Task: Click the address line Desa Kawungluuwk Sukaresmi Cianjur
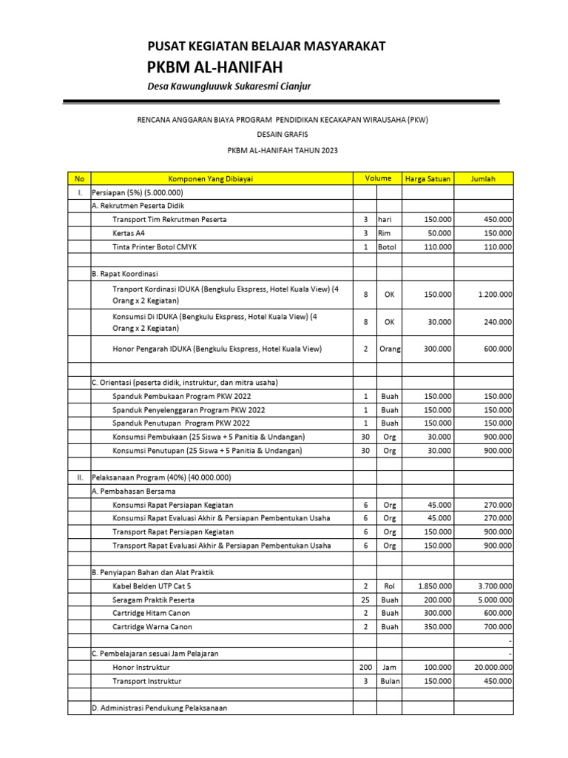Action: pyautogui.click(x=229, y=87)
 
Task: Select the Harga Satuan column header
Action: pyautogui.click(x=427, y=178)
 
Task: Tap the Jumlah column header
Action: pyautogui.click(x=483, y=178)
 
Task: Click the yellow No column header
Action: pyautogui.click(x=79, y=178)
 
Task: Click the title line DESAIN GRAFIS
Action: pyautogui.click(x=283, y=134)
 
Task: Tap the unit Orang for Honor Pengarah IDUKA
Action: pyautogui.click(x=389, y=349)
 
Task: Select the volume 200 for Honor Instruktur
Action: pyautogui.click(x=365, y=667)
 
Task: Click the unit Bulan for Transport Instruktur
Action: pyautogui.click(x=389, y=681)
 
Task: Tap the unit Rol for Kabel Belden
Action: pyautogui.click(x=389, y=586)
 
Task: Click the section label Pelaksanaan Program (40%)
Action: pyautogui.click(x=161, y=477)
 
